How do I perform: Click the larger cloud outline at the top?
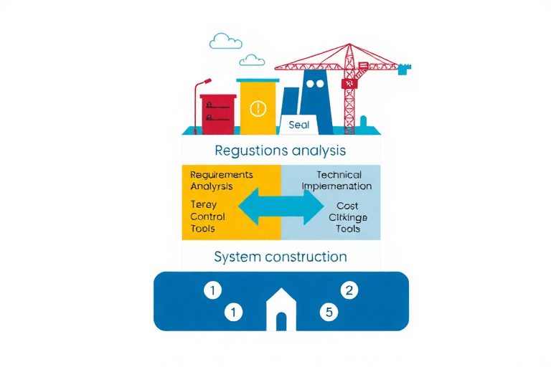point(225,41)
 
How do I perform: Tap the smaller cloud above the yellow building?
point(252,59)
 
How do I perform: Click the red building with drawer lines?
point(218,115)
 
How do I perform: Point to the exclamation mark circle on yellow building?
point(258,109)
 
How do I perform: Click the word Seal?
point(298,125)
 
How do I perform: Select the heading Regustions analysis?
point(280,151)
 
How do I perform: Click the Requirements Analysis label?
point(222,181)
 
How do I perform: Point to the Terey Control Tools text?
point(208,216)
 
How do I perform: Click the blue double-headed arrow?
point(280,206)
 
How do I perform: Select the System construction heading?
point(281,257)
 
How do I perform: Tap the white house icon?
point(281,310)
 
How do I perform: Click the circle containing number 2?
point(349,290)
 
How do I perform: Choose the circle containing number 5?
point(328,312)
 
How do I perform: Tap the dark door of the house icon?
point(281,321)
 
